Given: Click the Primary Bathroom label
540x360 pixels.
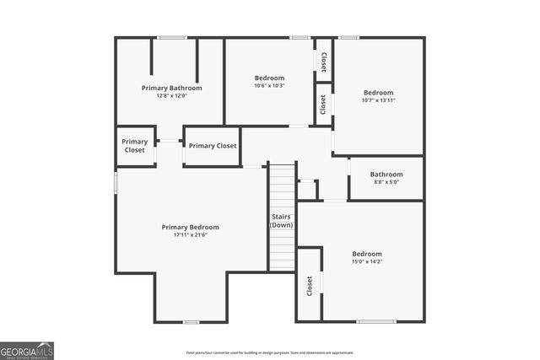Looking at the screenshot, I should [171, 88].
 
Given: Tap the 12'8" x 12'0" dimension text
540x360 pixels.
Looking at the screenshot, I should [171, 95].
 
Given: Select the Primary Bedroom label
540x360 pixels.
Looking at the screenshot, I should [190, 227].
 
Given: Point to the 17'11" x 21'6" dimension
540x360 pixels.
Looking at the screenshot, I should [190, 234].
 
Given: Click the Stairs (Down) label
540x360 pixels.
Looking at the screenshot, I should [282, 222].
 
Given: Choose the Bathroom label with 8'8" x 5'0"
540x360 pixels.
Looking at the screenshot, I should [386, 175].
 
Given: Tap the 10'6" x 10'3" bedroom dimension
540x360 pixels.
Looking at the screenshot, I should [269, 85].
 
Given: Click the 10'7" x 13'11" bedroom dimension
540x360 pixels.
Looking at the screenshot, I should [378, 100].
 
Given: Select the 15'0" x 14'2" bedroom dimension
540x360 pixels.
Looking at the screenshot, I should [367, 261].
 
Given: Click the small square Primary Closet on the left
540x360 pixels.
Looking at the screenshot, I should [135, 146].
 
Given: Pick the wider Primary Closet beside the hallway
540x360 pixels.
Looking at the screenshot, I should [213, 146].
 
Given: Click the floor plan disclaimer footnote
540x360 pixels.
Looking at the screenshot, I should [269, 352].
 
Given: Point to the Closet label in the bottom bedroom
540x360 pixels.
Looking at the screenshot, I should [310, 286].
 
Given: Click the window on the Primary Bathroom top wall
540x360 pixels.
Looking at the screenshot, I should [172, 37].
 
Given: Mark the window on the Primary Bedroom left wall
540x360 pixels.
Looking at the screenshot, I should [116, 183].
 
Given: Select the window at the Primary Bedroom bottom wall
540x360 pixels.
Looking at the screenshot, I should [191, 321].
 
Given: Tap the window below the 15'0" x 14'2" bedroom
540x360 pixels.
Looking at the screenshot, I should [375, 321].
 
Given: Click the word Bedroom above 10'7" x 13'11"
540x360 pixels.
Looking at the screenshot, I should [378, 93].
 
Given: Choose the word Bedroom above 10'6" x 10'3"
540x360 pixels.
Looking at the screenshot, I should [269, 78].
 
